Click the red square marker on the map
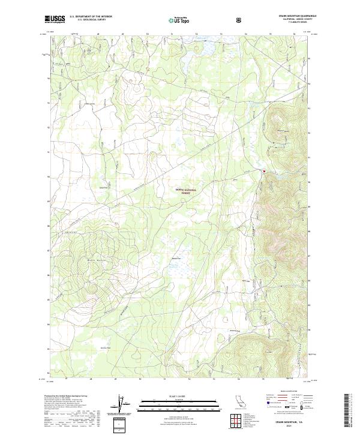pyautogui.click(x=263, y=172)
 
